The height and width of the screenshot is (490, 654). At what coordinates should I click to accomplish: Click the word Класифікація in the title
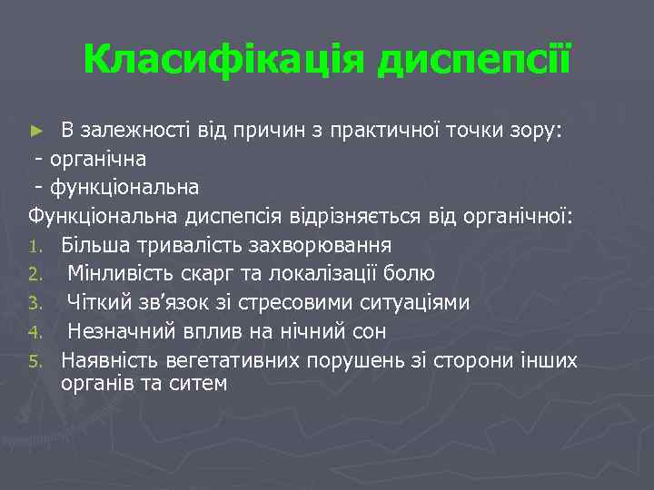tap(224, 60)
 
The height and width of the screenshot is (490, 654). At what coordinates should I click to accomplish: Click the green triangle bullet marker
tap(36, 131)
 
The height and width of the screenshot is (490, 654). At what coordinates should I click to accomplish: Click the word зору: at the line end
tap(538, 130)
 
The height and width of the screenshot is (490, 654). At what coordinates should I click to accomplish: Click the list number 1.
tap(33, 246)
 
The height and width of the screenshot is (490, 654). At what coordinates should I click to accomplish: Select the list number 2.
tap(33, 274)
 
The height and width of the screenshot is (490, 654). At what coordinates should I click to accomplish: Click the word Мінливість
tap(114, 273)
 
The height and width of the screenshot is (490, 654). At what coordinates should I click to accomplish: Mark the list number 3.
tap(33, 303)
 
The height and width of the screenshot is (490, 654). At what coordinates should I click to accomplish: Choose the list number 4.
tap(33, 332)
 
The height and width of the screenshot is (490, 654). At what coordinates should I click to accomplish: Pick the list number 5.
tap(33, 361)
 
